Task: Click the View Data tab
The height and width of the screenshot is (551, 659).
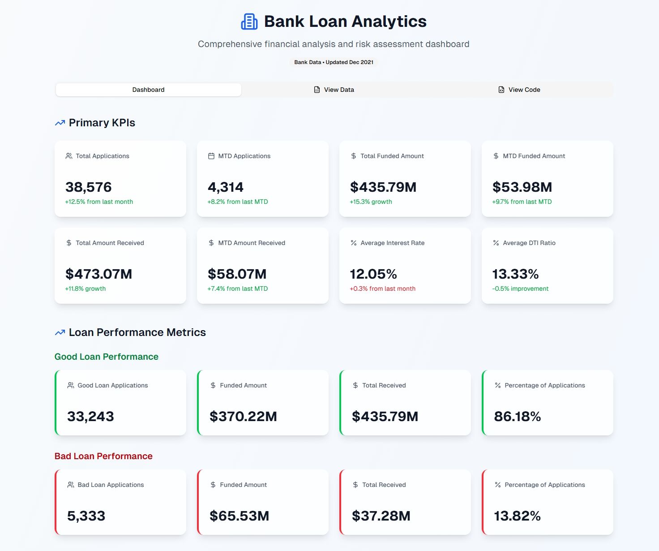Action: point(334,90)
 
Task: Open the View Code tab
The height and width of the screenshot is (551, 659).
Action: point(519,90)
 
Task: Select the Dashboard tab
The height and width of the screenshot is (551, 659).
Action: point(148,90)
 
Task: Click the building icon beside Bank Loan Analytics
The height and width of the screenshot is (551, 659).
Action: point(249,22)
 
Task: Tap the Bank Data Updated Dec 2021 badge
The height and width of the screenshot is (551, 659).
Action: point(334,62)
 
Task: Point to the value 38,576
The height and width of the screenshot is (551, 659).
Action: point(89,187)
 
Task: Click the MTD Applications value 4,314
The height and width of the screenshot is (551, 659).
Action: point(226,187)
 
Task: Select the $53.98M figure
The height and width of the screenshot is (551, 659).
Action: point(522,187)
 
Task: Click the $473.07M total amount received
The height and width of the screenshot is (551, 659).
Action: point(98,274)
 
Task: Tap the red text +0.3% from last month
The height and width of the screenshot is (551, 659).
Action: point(382,288)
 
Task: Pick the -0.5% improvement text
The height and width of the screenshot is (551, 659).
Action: point(520,288)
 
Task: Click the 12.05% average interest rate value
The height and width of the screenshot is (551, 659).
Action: point(373,274)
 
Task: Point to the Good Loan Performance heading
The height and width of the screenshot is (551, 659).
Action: point(107,357)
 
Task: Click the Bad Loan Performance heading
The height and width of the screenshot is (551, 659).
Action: point(103,456)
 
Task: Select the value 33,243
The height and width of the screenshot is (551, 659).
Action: point(90,416)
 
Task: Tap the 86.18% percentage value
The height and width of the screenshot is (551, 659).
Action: point(518,416)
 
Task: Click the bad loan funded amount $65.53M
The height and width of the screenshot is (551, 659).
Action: point(240,516)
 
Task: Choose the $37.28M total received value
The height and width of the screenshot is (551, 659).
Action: point(381,516)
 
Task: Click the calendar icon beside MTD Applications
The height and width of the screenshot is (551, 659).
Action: point(211,156)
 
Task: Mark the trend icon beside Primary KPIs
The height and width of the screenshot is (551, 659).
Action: point(60,123)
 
